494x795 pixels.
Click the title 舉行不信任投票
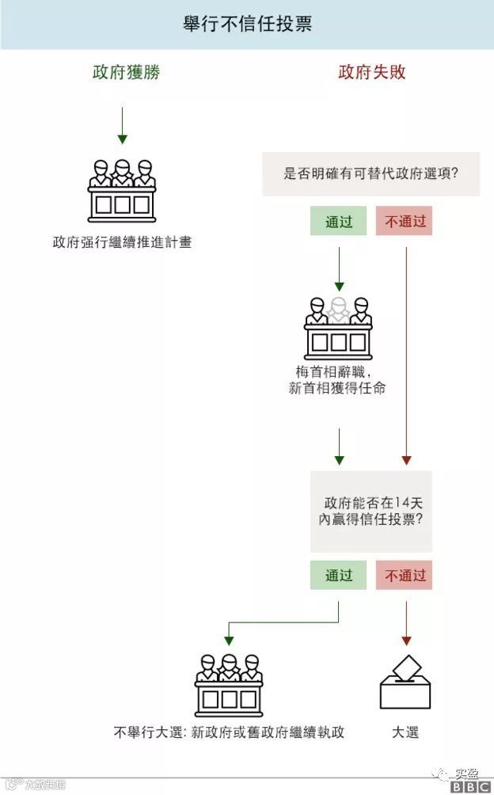247,25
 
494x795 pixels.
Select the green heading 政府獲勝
126,73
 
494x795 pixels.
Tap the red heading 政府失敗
372,73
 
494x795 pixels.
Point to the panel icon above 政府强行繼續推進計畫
121,191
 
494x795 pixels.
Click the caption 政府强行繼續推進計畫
122,242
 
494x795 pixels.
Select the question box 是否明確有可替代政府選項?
371,174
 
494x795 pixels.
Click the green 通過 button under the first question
339,222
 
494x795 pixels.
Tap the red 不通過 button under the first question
405,222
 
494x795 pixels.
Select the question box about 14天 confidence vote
371,512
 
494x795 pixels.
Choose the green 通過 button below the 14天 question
339,576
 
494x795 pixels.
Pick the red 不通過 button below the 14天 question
405,576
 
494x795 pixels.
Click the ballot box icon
405,683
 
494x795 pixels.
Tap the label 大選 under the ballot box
405,732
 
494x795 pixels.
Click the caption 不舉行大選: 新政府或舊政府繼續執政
229,732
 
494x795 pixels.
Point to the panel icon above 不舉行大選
229,685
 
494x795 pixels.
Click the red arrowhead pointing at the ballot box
406,639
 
